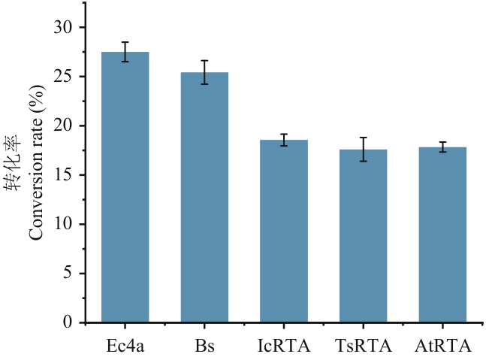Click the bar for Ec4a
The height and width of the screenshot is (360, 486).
(125, 188)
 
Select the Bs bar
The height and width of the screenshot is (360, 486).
(204, 198)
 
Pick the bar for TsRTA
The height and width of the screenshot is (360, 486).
(363, 236)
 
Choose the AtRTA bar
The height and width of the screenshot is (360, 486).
(442, 235)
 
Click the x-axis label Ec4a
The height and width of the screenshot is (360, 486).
(125, 346)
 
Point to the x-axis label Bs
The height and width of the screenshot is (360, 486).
(204, 346)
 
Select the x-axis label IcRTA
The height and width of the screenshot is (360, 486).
(284, 346)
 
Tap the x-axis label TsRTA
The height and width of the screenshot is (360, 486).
(363, 346)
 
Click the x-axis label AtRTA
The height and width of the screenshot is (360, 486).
(442, 346)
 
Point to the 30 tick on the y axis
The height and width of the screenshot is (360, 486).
(65, 28)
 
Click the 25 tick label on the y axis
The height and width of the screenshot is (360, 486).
(65, 77)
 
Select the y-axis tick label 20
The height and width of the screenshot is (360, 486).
(65, 126)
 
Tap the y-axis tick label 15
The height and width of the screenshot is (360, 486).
(65, 175)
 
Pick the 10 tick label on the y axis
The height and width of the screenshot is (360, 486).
(65, 225)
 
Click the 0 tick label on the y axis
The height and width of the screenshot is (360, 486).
(70, 323)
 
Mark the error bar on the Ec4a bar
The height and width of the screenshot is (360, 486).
(125, 52)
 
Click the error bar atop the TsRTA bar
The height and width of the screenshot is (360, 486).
(363, 149)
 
